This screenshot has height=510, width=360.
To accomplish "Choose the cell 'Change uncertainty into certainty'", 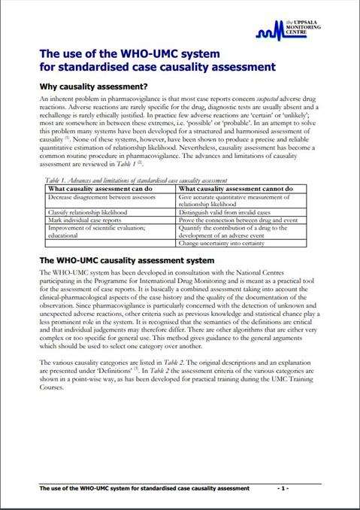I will (224, 244).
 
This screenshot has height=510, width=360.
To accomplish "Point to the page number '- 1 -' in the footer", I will (283, 488).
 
